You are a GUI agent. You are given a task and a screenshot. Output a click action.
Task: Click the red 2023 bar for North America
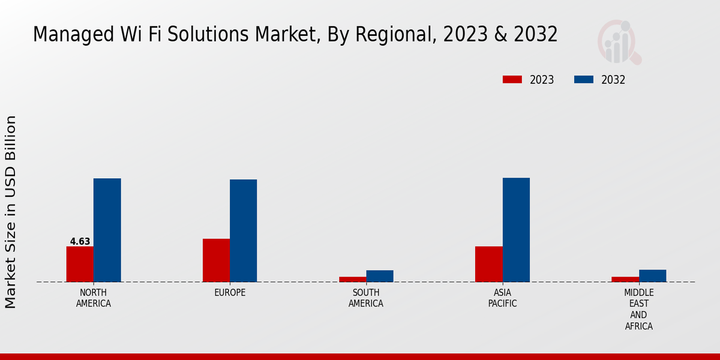point(80,264)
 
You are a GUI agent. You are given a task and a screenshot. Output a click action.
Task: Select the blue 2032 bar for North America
point(107,230)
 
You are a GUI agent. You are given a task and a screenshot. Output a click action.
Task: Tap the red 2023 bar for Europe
point(216,260)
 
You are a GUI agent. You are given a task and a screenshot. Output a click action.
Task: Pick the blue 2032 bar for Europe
point(243,230)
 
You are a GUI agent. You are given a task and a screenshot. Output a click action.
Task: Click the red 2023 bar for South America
point(352,279)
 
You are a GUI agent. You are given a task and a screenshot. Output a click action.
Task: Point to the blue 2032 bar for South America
point(380,276)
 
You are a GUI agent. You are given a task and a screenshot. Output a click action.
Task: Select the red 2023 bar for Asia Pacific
point(488,264)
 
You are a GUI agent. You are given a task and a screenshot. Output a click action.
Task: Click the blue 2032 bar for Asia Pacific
point(516,230)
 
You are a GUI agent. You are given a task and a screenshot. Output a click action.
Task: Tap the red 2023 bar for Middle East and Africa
point(625,279)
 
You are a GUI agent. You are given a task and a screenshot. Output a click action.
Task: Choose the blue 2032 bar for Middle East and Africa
point(652,275)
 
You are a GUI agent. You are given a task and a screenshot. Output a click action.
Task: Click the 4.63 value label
point(80,242)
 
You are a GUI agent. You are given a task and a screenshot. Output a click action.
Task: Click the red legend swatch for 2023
point(512,80)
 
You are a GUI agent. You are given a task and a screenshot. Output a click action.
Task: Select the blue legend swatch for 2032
point(584,80)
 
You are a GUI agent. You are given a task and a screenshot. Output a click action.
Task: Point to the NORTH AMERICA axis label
point(94,298)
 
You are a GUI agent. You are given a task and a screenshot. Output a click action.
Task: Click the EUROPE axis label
point(230,293)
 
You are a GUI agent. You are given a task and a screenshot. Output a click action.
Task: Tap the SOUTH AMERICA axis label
point(366,298)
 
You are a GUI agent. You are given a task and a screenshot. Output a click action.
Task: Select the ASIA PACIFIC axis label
point(502,298)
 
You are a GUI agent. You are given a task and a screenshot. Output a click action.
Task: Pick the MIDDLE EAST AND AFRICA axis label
point(638,310)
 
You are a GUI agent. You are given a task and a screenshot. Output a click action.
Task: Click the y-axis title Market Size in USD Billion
point(11,212)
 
